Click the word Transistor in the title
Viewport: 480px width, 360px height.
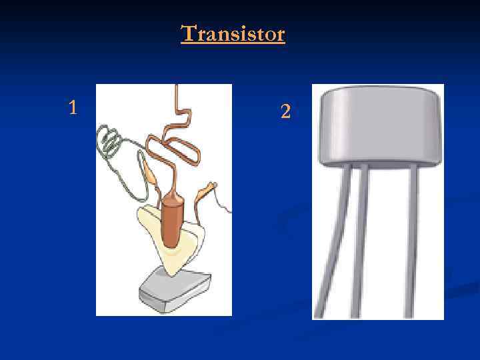click(233, 33)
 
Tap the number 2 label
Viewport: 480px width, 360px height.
click(285, 112)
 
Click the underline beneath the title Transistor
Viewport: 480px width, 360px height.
click(233, 44)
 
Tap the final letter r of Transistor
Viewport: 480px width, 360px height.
click(281, 35)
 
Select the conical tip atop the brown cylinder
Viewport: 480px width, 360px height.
click(173, 198)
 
